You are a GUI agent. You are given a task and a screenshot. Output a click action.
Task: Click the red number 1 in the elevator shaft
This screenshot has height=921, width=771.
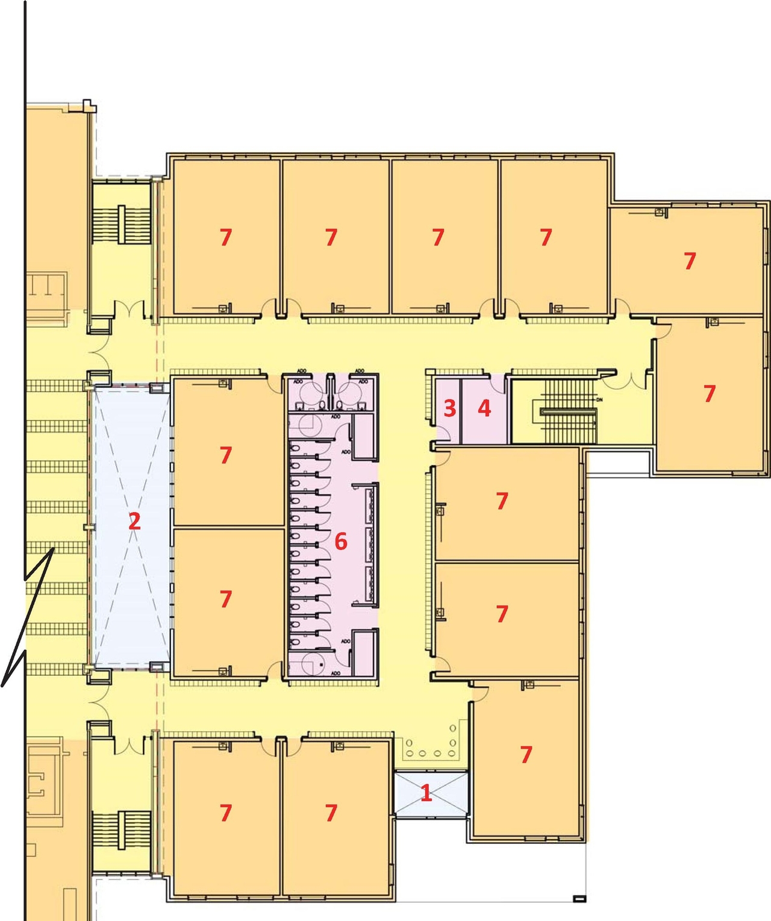(x=426, y=793)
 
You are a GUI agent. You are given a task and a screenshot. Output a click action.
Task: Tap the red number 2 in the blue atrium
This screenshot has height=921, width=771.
(x=134, y=521)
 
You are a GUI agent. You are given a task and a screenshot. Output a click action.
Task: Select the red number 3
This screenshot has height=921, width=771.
(x=449, y=408)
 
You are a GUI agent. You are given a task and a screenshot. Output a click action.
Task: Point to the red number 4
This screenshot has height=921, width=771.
(x=484, y=408)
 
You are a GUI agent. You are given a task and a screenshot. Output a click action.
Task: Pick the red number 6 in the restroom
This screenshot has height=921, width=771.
(x=341, y=542)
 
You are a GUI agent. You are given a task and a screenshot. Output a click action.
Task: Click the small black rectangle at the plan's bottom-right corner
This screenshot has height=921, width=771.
(x=579, y=899)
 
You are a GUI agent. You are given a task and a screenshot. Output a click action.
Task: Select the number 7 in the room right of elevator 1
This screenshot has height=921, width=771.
(x=526, y=754)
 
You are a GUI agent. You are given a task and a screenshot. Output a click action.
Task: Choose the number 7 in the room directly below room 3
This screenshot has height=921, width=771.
(x=502, y=501)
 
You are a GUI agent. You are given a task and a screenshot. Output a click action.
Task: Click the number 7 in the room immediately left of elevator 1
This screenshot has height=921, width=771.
(x=331, y=813)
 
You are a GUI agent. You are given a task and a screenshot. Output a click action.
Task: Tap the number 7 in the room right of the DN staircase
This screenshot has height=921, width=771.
(x=710, y=394)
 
